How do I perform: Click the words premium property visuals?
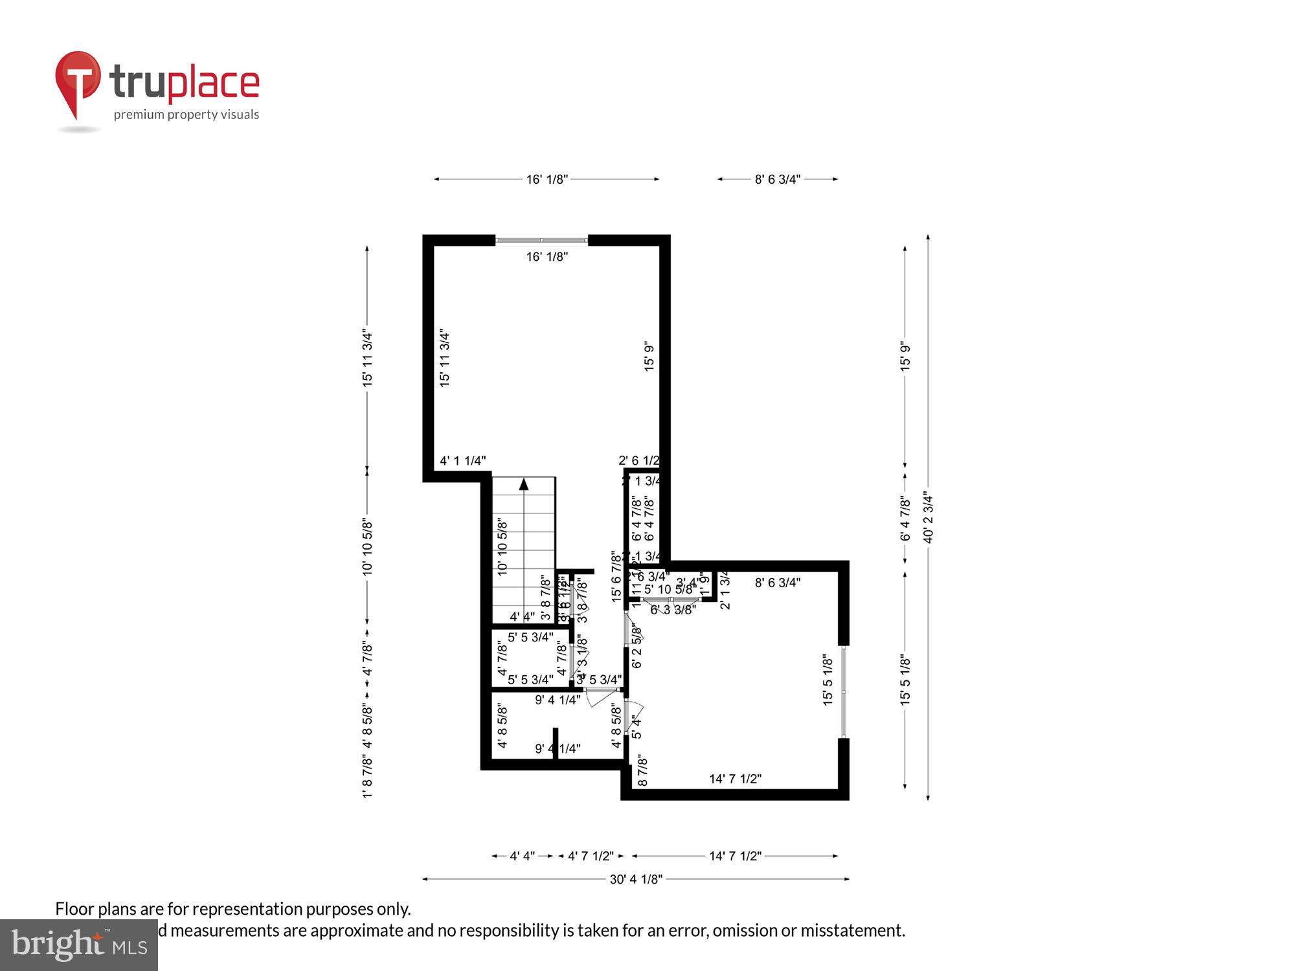pos(186,115)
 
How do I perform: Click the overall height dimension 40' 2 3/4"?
pos(928,517)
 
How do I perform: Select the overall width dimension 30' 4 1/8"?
pos(636,879)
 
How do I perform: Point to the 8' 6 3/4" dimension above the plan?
pos(777,179)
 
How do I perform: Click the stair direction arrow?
pos(524,484)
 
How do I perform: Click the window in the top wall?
pos(541,241)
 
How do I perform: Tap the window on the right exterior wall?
pos(843,691)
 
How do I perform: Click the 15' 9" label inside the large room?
pos(649,356)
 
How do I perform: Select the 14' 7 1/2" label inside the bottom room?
pos(735,779)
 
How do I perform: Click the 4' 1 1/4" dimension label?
pos(462,461)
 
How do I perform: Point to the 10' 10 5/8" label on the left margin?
pos(367,546)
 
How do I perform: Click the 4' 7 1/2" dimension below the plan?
pos(591,856)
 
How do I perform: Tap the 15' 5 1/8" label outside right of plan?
pos(905,680)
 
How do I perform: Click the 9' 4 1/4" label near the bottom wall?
pos(557,749)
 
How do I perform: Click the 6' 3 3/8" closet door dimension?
pos(673,609)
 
